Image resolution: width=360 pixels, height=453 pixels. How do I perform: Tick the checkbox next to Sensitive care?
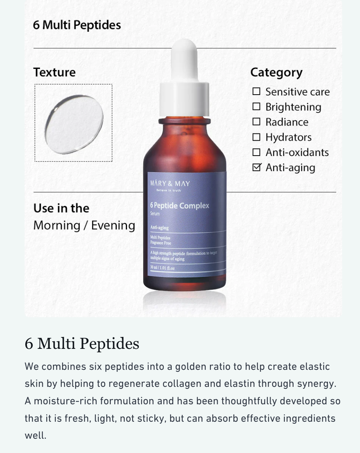pos(256,91)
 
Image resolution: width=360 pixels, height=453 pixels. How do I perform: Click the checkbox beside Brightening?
pos(256,107)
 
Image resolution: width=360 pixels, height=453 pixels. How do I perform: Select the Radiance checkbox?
pos(256,122)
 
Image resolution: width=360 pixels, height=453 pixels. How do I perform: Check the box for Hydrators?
pos(256,137)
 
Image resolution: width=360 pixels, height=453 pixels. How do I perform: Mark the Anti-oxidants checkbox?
pos(256,152)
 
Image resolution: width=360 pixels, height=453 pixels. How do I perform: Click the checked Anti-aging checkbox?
pos(256,167)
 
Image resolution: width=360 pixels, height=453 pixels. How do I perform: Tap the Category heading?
pos(276,72)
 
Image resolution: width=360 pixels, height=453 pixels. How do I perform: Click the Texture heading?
pos(54,72)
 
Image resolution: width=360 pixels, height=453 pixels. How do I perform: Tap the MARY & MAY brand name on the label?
pos(170,183)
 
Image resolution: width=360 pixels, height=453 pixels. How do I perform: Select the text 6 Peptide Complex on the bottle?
pos(179,206)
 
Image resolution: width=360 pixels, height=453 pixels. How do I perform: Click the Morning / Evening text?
pos(84,225)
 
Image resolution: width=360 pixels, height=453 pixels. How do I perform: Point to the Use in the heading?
pos(61,208)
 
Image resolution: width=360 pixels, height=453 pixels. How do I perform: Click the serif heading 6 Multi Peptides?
pos(82,343)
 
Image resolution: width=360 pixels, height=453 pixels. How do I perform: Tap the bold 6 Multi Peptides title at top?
pos(77,25)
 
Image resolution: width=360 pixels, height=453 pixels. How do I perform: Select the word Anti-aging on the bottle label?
pos(160,227)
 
